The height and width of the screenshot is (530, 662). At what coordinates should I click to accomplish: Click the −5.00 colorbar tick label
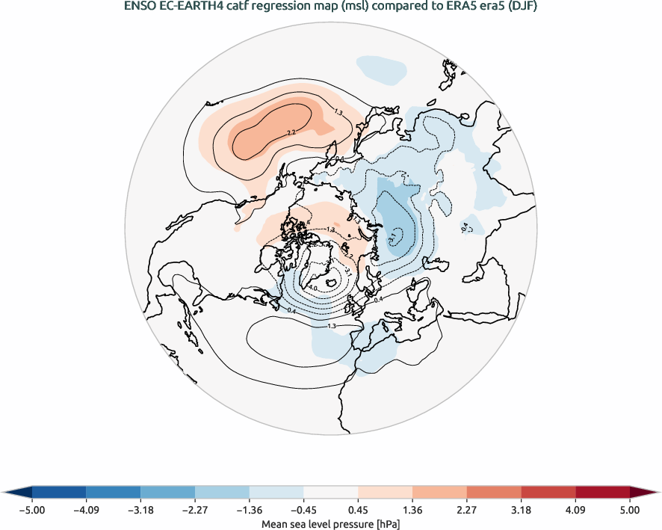(31, 510)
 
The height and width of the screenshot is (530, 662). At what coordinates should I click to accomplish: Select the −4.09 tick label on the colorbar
(86, 510)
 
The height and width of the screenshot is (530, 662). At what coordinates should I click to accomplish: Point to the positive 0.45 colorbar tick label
(359, 510)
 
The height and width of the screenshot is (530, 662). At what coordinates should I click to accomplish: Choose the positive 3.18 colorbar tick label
(522, 510)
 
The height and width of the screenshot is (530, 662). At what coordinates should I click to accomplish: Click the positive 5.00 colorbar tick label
(630, 510)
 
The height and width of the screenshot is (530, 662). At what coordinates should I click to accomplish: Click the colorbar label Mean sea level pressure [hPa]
(330, 524)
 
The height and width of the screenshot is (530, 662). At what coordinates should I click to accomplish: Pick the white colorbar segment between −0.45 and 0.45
(331, 492)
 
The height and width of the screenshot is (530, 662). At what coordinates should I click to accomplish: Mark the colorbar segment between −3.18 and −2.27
(167, 492)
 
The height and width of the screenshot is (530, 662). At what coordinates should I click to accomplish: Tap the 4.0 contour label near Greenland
(313, 288)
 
